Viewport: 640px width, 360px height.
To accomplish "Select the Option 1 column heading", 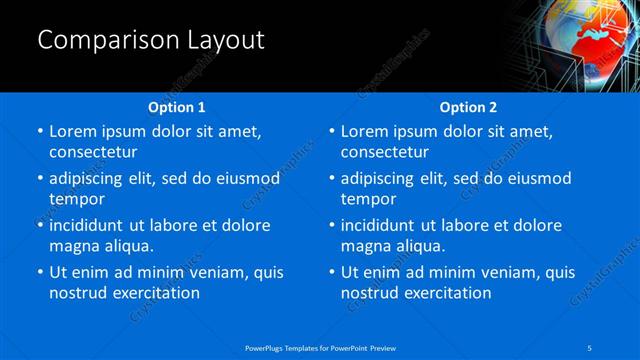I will click(x=176, y=107).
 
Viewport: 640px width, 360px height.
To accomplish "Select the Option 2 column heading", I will click(x=468, y=107).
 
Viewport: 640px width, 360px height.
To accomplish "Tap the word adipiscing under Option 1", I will click(x=89, y=179).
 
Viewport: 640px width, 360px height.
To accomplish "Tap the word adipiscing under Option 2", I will click(x=381, y=179).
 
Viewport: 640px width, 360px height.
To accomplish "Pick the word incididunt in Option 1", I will click(x=90, y=226).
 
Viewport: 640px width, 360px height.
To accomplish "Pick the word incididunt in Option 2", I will click(x=382, y=226).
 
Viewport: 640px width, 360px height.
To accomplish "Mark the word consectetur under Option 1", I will click(x=93, y=152).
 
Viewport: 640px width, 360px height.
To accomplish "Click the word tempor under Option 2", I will click(x=369, y=199).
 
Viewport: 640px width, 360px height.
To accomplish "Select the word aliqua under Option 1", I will click(x=127, y=246).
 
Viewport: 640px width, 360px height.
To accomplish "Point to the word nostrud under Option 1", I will click(x=77, y=293).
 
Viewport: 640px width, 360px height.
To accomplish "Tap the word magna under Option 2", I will click(x=365, y=246).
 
